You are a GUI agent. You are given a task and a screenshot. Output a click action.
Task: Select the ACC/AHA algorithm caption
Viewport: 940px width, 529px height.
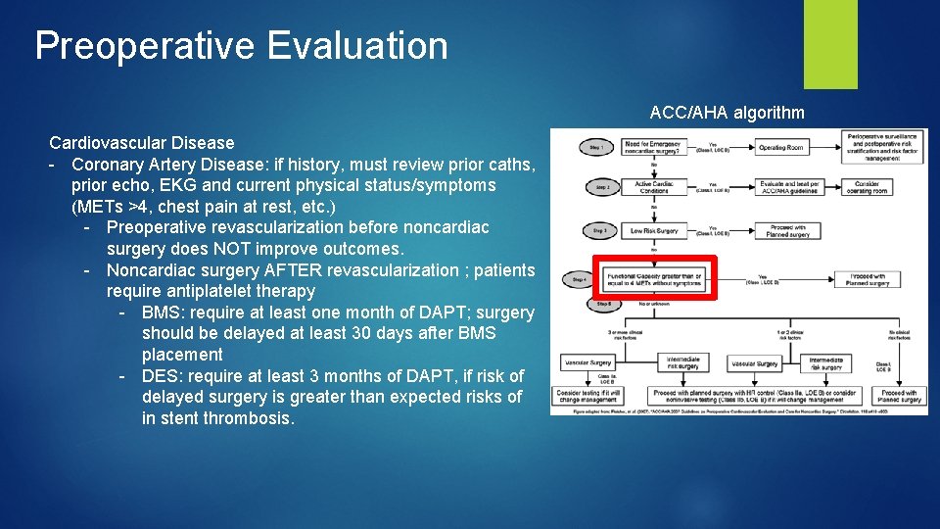[x=727, y=113]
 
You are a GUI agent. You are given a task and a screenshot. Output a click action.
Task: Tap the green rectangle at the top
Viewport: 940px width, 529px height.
[x=803, y=44]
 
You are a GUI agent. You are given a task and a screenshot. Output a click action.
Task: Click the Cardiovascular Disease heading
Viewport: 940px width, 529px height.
[x=142, y=143]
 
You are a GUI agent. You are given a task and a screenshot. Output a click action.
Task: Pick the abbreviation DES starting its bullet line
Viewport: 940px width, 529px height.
[x=160, y=376]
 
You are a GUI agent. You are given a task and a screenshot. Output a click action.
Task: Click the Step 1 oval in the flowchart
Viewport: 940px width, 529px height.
[x=595, y=148]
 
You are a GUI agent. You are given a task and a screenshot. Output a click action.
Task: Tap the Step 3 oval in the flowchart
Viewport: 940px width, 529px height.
[x=595, y=231]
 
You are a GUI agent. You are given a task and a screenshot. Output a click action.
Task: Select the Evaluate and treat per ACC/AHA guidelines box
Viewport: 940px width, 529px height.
[x=788, y=186]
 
